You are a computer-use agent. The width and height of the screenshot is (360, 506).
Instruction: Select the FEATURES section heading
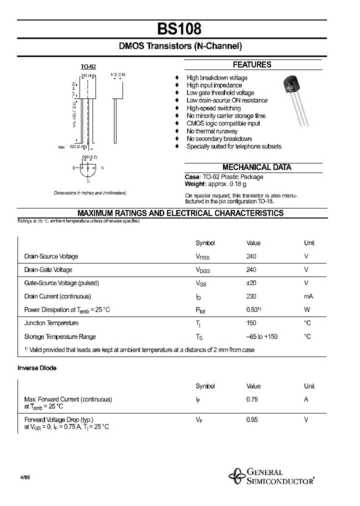(252, 64)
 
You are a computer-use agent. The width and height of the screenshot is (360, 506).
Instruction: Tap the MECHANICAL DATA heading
(256, 167)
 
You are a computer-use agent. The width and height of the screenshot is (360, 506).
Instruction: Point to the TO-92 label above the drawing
(88, 66)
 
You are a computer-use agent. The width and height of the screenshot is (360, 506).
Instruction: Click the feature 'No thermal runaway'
(212, 131)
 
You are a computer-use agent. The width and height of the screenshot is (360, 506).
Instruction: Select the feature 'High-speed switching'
(213, 108)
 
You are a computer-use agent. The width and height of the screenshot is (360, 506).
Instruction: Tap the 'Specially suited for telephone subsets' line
(233, 146)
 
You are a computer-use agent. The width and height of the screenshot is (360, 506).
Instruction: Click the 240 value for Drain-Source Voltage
(251, 256)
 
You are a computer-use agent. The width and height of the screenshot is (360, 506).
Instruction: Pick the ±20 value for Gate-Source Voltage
(251, 283)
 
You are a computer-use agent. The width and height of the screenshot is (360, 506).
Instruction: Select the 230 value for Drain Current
(251, 296)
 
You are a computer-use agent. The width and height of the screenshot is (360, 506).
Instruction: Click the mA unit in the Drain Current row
(308, 296)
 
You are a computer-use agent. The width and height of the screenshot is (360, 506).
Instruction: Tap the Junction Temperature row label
(51, 323)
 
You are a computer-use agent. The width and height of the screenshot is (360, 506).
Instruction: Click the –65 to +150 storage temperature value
(261, 336)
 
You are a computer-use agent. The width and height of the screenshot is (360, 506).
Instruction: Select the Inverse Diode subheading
(37, 368)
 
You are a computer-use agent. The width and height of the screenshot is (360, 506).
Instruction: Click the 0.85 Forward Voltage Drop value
(252, 419)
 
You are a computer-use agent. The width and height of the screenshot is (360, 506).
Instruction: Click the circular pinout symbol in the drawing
(88, 168)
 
